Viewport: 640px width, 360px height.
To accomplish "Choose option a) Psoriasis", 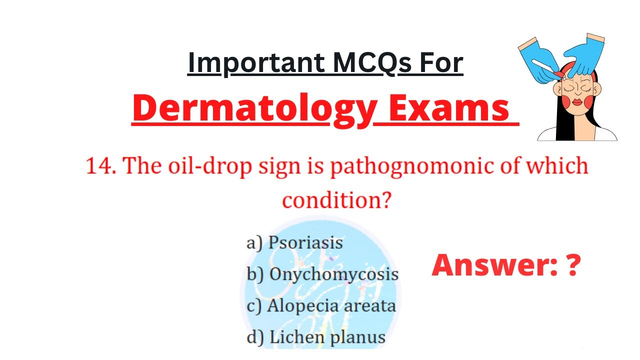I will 294,242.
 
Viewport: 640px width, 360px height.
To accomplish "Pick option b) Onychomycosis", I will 322,274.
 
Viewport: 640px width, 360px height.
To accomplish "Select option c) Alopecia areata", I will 321,305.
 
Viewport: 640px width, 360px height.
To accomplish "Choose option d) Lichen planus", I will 316,337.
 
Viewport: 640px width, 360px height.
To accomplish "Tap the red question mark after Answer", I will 573,265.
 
